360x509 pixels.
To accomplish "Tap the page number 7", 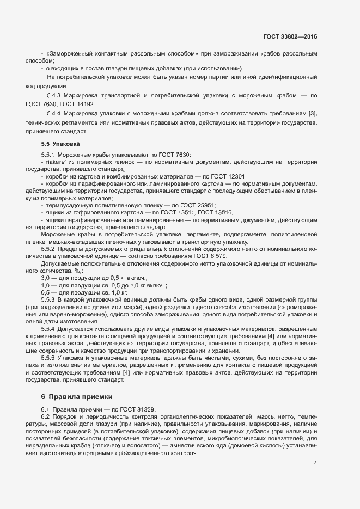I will coord(315,463).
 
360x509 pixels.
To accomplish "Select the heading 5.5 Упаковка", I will coord(60,144).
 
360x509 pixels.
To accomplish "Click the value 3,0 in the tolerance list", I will coord(46,278).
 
